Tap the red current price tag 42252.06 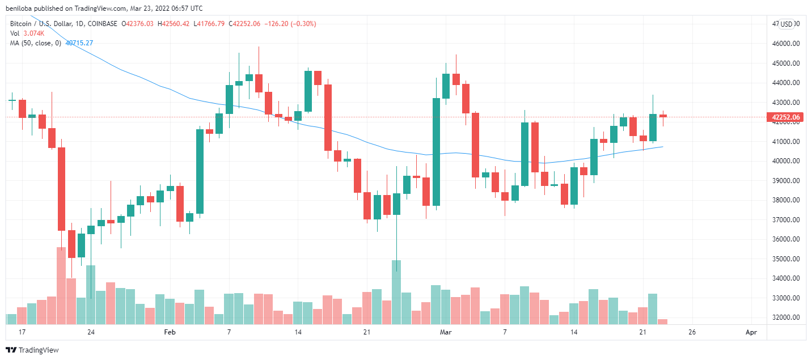785,117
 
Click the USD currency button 786,24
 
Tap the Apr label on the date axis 751,332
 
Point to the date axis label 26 692,332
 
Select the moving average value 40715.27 79,43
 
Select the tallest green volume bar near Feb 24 396,291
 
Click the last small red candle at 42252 662,116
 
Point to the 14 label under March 574,332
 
